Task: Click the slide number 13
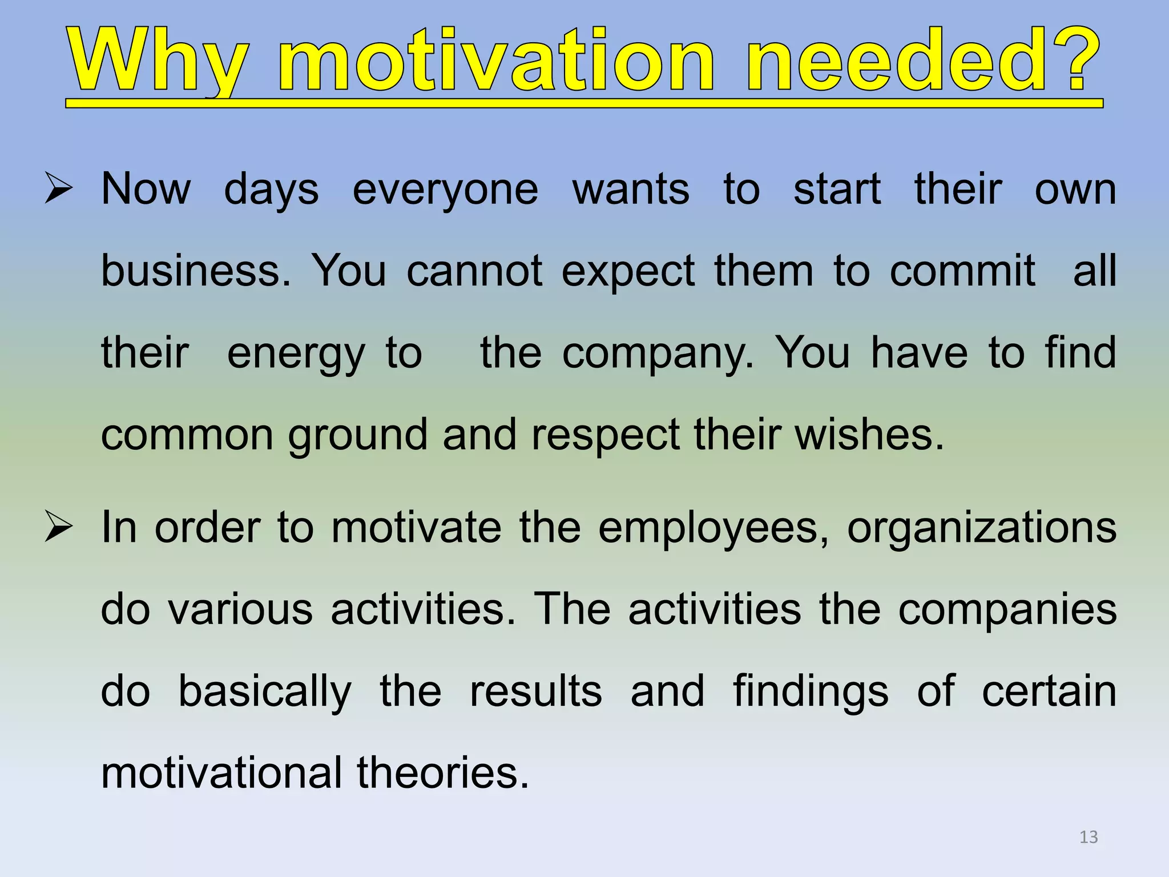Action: point(1089,837)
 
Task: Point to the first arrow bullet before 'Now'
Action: point(59,190)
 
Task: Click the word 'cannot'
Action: point(474,271)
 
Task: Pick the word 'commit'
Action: point(962,271)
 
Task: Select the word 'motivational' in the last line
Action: point(221,773)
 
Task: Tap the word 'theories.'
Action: point(443,773)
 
